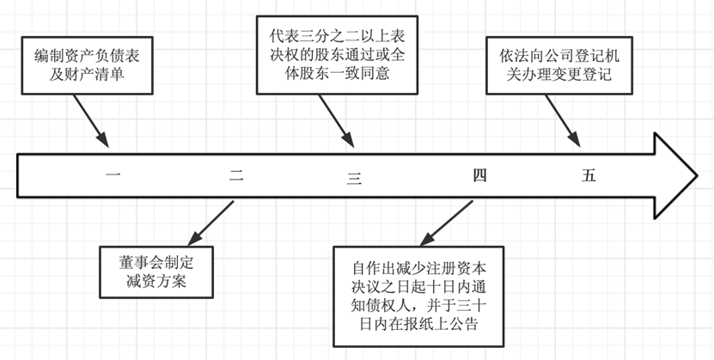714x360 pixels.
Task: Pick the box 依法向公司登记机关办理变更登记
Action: [559, 66]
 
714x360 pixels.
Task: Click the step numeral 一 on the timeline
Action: [113, 176]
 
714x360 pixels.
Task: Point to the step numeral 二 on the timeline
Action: [236, 176]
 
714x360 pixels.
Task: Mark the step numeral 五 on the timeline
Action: [589, 176]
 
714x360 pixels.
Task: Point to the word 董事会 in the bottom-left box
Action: [141, 259]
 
